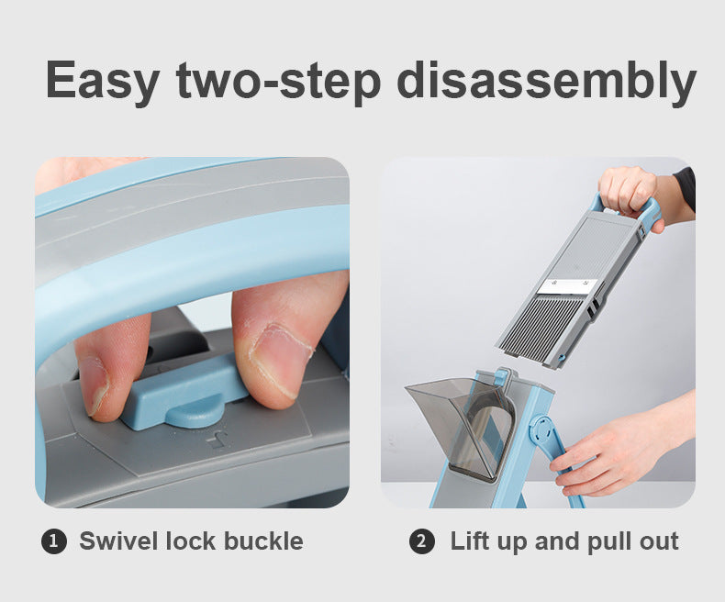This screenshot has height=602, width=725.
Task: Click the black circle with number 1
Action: click(54, 541)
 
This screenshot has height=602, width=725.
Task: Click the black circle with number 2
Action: click(421, 541)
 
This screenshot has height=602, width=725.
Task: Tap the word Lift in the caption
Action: click(471, 541)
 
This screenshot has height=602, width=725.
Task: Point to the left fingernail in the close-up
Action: click(94, 383)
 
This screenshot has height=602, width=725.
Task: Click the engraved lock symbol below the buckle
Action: click(217, 440)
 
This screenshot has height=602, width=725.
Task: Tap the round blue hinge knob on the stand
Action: click(543, 429)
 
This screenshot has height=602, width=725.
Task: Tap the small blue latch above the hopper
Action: click(501, 376)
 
